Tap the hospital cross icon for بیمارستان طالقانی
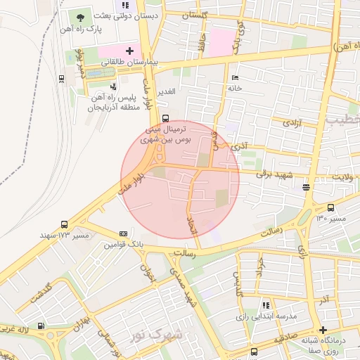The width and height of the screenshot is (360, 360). [129, 50]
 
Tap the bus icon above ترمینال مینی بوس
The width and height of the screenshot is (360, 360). [165, 117]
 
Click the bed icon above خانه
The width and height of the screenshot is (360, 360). [234, 77]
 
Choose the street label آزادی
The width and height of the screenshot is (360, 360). [291, 123]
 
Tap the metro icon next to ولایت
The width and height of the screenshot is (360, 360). [306, 187]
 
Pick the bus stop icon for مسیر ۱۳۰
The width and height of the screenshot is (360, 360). [331, 207]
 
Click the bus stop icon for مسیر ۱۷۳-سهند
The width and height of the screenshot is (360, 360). [65, 225]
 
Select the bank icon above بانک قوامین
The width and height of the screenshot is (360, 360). [124, 233]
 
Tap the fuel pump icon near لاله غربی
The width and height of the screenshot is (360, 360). [41, 326]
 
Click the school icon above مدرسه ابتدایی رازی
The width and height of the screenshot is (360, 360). [266, 305]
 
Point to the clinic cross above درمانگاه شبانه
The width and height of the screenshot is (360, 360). [323, 330]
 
